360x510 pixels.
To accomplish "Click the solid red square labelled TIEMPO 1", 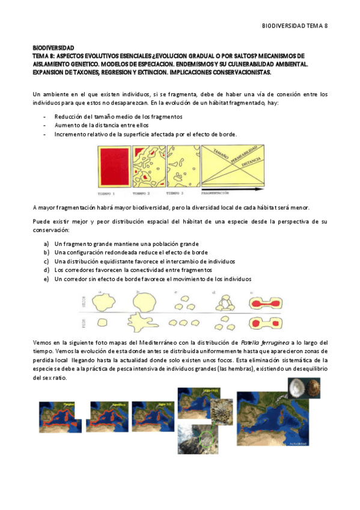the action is pos(114,169).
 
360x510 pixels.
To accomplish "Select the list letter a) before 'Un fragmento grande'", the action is pos(46,244).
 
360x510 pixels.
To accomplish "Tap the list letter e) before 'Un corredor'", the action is pos(46,279).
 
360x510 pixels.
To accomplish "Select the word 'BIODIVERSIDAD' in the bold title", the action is pos(53,46).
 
